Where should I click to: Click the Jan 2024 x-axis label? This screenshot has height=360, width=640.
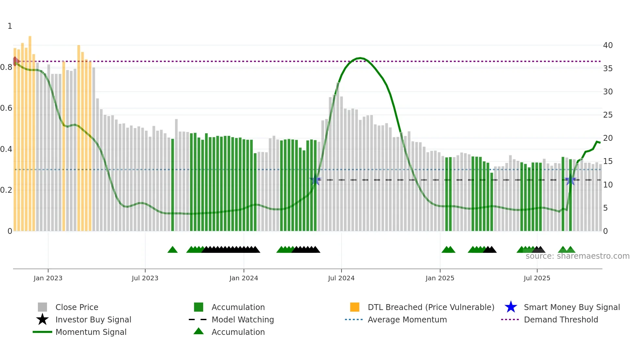[x=244, y=278]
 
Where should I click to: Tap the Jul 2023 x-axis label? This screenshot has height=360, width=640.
[x=145, y=278]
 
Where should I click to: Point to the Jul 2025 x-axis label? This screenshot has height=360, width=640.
[x=537, y=278]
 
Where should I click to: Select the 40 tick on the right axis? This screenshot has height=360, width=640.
[x=608, y=45]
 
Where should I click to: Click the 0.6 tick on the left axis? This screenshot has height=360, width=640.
[x=7, y=108]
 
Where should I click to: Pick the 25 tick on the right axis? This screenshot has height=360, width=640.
[x=608, y=115]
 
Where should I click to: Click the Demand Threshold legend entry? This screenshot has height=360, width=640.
[x=561, y=320]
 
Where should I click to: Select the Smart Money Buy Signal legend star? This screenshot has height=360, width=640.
[x=511, y=307]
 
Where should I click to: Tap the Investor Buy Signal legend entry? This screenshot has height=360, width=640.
[x=93, y=320]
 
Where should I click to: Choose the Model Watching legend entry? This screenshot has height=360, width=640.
[x=243, y=320]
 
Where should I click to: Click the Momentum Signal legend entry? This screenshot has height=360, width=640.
[x=91, y=332]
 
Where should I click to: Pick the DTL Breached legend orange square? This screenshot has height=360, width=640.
[x=355, y=307]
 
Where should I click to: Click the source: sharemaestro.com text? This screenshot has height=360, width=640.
[x=577, y=256]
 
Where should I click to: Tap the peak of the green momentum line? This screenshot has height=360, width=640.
[x=360, y=58]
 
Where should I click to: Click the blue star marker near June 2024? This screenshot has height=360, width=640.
[x=315, y=180]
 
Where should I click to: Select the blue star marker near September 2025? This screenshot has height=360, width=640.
[x=570, y=180]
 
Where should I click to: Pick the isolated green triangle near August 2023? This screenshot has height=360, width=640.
[x=172, y=250]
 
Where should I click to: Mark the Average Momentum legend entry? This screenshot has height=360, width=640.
[x=407, y=320]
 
